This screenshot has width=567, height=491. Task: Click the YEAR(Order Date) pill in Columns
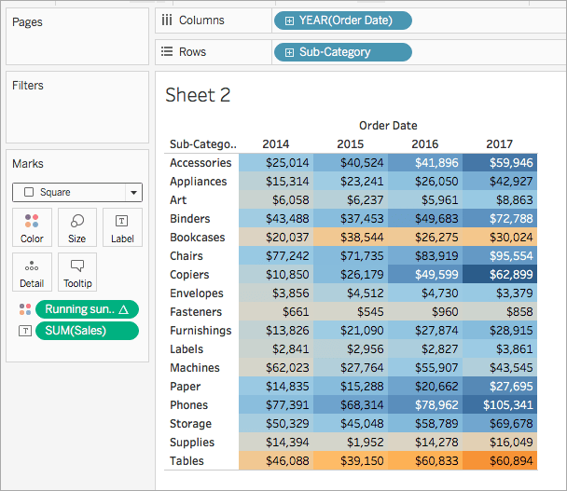click(x=342, y=20)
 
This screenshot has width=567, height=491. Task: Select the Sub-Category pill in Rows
click(x=342, y=52)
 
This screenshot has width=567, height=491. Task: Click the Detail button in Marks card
click(x=32, y=272)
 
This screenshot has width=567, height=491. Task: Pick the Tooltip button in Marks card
click(x=77, y=272)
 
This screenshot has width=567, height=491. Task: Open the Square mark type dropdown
click(x=77, y=192)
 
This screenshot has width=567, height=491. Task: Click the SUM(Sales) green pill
click(x=86, y=331)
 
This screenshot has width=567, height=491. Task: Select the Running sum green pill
click(x=86, y=309)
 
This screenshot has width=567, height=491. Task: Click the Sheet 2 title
click(x=197, y=95)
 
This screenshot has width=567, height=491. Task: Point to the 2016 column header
click(x=425, y=144)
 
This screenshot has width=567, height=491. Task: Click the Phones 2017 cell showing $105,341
click(x=500, y=405)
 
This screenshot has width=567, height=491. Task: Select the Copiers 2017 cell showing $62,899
click(x=500, y=275)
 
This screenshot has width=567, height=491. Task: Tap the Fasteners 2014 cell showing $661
click(x=276, y=312)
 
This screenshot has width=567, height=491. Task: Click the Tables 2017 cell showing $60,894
click(x=500, y=461)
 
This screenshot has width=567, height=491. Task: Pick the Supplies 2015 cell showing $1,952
click(x=351, y=443)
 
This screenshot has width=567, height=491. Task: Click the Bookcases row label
click(x=197, y=238)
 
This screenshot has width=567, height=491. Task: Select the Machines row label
click(x=194, y=368)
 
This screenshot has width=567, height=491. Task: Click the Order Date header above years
click(x=388, y=125)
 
